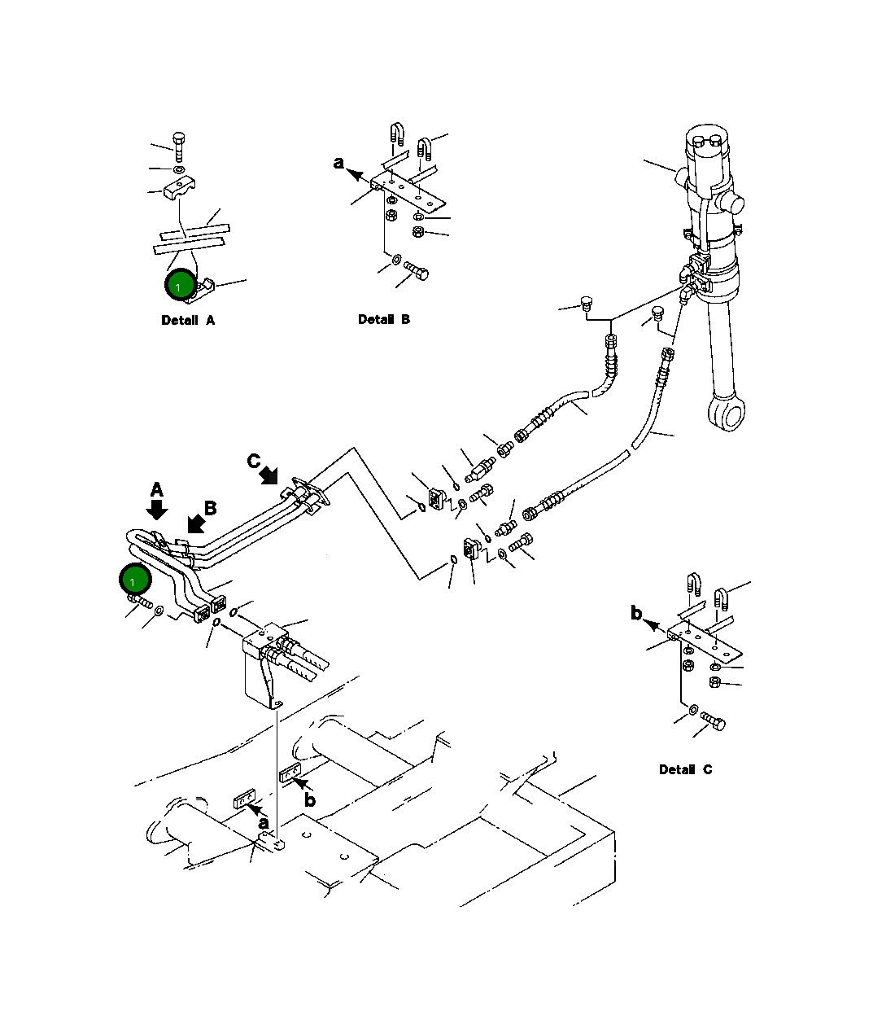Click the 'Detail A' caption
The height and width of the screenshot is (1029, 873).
188,320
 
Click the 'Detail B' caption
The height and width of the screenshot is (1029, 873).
384,319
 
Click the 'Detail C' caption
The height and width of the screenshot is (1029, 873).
685,769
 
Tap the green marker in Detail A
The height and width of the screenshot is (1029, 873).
179,286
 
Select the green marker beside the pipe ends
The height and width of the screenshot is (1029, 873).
134,580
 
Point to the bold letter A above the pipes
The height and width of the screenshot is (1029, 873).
157,489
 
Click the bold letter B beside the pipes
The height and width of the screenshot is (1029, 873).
211,508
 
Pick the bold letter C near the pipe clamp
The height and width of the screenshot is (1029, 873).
254,462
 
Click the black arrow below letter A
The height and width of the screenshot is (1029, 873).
157,509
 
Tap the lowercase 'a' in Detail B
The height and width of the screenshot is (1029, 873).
338,163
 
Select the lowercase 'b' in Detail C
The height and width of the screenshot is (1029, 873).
636,613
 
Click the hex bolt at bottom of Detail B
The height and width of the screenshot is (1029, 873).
417,273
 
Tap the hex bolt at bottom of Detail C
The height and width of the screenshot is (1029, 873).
714,722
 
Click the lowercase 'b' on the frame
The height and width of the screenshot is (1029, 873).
309,800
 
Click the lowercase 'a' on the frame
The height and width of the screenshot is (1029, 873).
263,823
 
